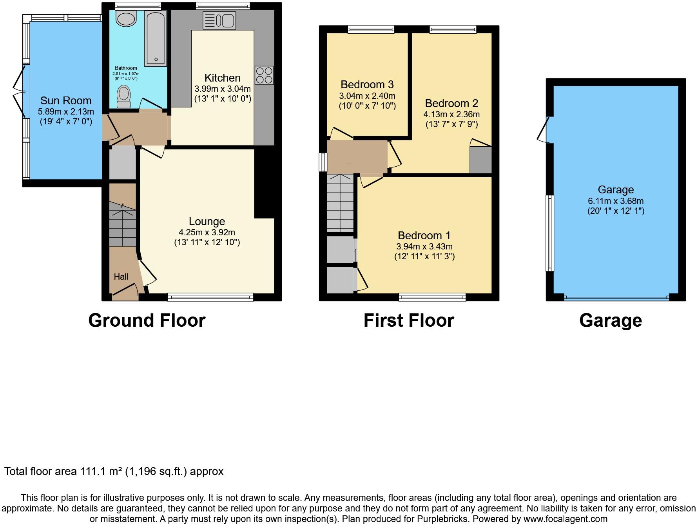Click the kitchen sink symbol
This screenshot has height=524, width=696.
pyautogui.click(x=219, y=20)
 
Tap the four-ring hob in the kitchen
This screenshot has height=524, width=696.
pyautogui.click(x=264, y=76)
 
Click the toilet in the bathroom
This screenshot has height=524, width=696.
pyautogui.click(x=124, y=96)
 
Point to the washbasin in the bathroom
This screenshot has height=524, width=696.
pyautogui.click(x=126, y=19)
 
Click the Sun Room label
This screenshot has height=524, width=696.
pyautogui.click(x=66, y=101)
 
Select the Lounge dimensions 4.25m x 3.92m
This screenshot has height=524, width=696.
pyautogui.click(x=207, y=232)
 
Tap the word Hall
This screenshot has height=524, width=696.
pyautogui.click(x=121, y=277)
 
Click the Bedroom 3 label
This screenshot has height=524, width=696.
pyautogui.click(x=367, y=85)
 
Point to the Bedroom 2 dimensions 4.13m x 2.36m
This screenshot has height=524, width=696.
pyautogui.click(x=451, y=115)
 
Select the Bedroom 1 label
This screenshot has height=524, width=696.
pyautogui.click(x=424, y=236)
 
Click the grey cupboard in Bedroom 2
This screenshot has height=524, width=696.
pyautogui.click(x=480, y=160)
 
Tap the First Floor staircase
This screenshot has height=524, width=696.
pyautogui.click(x=340, y=203)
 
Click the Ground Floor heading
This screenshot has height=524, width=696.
pyautogui.click(x=147, y=320)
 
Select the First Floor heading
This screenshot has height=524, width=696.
pyautogui.click(x=409, y=320)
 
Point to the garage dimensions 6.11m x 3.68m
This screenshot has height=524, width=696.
pyautogui.click(x=616, y=201)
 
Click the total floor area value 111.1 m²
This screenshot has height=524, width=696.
pyautogui.click(x=101, y=471)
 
